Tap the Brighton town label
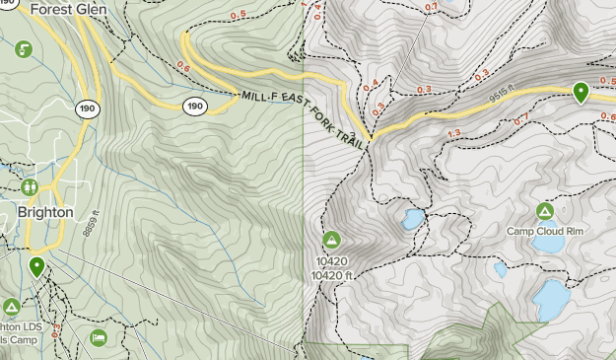click(44, 212)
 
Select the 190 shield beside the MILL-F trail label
click(194, 106)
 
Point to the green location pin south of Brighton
click(36, 266)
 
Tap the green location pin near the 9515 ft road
click(582, 93)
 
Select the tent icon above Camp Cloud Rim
click(544, 211)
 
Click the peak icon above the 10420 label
click(331, 240)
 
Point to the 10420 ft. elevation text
click(332, 275)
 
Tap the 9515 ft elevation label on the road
click(502, 98)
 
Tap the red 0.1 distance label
click(430, 8)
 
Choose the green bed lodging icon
click(99, 338)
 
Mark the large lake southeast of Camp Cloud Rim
click(551, 295)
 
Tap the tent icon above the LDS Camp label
click(12, 307)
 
